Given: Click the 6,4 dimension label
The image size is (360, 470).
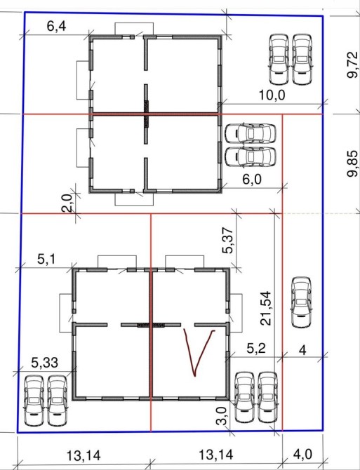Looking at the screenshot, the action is (56, 27).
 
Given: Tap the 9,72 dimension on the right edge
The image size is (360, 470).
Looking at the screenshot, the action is (352, 65).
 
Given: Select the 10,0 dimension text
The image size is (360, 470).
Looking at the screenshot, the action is (272, 95).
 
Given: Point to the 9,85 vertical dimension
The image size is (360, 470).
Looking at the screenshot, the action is (352, 164).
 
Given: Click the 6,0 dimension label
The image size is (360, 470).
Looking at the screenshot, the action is (252, 180).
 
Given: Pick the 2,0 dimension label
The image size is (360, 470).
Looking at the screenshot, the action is (67, 203).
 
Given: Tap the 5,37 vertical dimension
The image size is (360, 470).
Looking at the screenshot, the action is (227, 241).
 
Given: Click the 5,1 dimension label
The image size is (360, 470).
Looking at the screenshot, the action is (46, 259).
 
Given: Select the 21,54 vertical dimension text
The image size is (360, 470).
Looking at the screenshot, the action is (266, 308).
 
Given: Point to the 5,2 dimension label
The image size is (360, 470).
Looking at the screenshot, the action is (256, 349).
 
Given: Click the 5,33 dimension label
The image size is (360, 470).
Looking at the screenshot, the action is (45, 363).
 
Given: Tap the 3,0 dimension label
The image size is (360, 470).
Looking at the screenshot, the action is (221, 416).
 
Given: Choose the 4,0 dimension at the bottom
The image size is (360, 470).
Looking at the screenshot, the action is (302, 455).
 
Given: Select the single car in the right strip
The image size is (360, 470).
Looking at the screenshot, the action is (302, 302).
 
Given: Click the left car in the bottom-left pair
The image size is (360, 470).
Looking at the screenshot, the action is (34, 401).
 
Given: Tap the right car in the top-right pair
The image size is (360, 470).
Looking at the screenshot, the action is (302, 60).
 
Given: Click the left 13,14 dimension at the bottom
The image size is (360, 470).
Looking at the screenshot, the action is (84, 456).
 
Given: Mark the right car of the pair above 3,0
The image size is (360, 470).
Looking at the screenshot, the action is (267, 398).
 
